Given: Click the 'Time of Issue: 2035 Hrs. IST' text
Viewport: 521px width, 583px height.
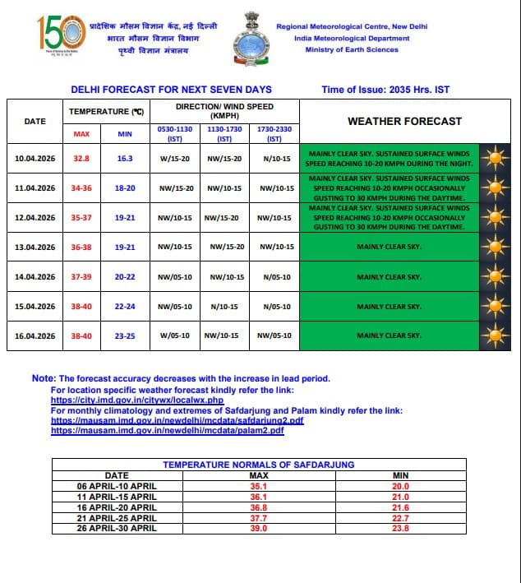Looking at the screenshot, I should click(x=386, y=90).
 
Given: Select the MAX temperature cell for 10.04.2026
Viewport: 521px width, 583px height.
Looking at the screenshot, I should click(x=81, y=159).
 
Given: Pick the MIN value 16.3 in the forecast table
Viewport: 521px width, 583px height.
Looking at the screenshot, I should click(x=125, y=159).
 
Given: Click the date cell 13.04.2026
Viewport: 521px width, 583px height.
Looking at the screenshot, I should click(x=35, y=247).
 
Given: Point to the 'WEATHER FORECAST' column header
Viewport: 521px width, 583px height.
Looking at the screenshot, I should click(x=404, y=121).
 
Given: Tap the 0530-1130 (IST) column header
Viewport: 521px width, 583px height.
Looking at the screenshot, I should click(x=174, y=134).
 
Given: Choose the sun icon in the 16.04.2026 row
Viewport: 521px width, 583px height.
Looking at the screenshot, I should click(x=495, y=335).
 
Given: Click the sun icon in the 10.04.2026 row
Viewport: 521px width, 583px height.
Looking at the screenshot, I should click(x=495, y=159).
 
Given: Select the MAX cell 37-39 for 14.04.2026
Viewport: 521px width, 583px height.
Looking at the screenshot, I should click(x=81, y=277).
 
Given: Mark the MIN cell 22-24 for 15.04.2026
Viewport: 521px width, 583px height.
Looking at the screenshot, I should click(x=125, y=307).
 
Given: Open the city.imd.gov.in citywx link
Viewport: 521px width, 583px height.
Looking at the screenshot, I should click(x=137, y=400).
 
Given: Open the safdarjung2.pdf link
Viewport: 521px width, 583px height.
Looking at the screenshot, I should click(x=177, y=419).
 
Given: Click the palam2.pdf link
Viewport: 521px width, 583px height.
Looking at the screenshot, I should click(x=168, y=430).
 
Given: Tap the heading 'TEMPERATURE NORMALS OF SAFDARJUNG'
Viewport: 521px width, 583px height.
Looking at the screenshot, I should click(x=259, y=465).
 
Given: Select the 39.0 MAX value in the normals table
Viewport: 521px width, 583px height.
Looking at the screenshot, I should click(x=259, y=528).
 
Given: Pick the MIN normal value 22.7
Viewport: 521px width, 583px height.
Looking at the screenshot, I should click(x=401, y=517).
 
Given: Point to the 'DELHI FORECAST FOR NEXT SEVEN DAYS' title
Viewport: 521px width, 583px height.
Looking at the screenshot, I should click(x=171, y=90).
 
